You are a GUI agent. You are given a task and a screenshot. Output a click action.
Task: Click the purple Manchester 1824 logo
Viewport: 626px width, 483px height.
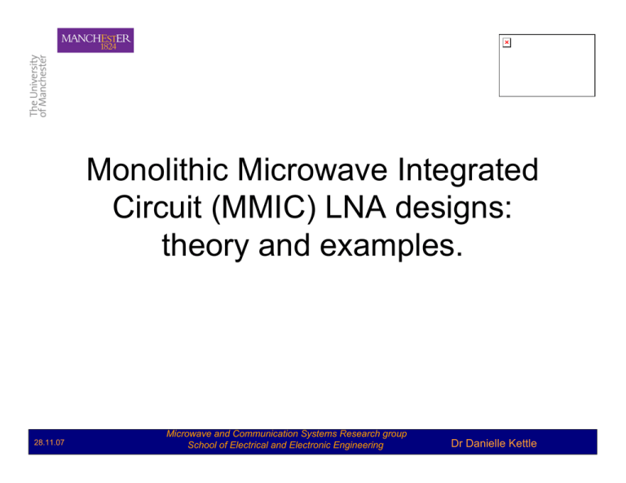(95, 40)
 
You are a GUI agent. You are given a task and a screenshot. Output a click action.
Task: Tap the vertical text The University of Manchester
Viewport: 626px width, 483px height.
(38, 86)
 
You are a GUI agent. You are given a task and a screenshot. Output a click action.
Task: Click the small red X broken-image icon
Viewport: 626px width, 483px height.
(506, 42)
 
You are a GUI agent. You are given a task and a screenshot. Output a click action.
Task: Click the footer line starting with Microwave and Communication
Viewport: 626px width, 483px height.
(285, 435)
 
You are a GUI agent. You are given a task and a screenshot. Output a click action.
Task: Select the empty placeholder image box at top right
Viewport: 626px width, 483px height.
(547, 65)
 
